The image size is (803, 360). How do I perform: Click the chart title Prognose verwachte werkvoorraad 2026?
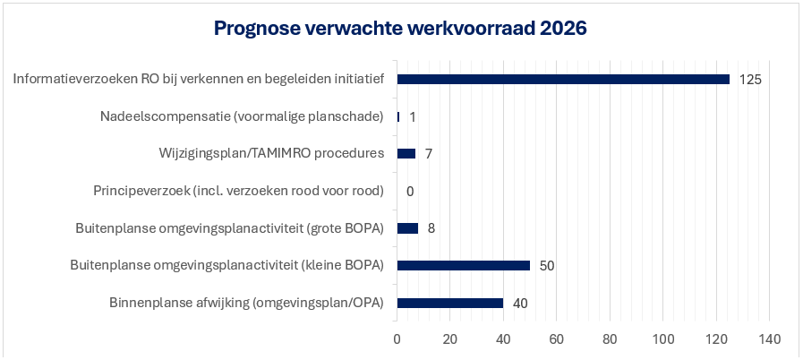[400, 29]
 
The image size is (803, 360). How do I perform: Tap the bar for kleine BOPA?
[463, 265]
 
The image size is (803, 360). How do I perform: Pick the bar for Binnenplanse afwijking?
[449, 303]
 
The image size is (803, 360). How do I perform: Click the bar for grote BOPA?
[407, 227]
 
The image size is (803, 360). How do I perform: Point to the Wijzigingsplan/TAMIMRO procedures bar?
[406, 153]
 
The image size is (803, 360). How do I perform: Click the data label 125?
[750, 79]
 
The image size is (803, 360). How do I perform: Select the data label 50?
[547, 266]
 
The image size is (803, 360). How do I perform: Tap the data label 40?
[520, 304]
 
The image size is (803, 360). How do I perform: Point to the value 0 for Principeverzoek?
[410, 191]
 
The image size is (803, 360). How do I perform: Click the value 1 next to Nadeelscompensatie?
[413, 116]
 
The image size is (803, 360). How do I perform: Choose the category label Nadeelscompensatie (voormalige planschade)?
[242, 116]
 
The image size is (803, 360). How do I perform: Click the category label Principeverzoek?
[238, 191]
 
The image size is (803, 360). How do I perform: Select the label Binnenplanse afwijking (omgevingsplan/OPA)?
[246, 303]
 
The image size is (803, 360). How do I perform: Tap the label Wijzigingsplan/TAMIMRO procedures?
[271, 153]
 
